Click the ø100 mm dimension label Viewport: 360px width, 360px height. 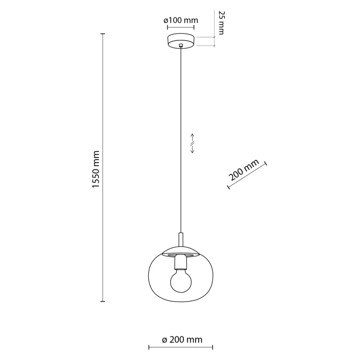point(180,20)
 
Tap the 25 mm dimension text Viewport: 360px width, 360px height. point(221,23)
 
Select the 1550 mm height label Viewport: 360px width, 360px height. point(95,169)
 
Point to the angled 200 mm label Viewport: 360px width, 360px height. point(244,170)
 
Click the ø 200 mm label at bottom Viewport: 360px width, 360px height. point(182,340)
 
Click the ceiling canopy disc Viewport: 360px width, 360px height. point(180,41)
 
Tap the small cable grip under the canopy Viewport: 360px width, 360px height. point(181,45)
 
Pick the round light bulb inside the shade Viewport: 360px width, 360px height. point(181,281)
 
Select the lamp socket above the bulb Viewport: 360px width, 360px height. point(181,262)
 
